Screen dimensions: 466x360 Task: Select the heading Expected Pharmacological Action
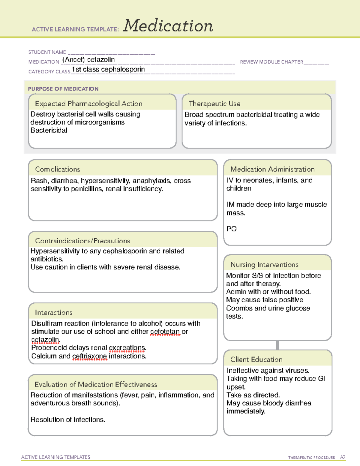88,104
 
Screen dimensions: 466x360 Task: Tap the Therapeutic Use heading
214,104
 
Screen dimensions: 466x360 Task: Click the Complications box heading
57,169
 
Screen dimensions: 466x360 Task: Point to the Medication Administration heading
272,169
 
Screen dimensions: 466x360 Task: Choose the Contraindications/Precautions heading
82,241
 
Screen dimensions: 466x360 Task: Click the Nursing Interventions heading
264,264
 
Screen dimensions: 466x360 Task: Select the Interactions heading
53,312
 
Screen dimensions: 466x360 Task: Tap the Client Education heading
256,359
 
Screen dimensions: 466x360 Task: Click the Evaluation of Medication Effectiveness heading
96,384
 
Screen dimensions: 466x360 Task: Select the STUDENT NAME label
47,52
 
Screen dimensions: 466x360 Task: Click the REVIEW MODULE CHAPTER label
271,62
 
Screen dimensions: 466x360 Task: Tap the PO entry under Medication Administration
231,229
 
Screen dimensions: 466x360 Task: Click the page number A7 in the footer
342,457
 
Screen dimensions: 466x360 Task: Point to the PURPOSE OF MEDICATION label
63,89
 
